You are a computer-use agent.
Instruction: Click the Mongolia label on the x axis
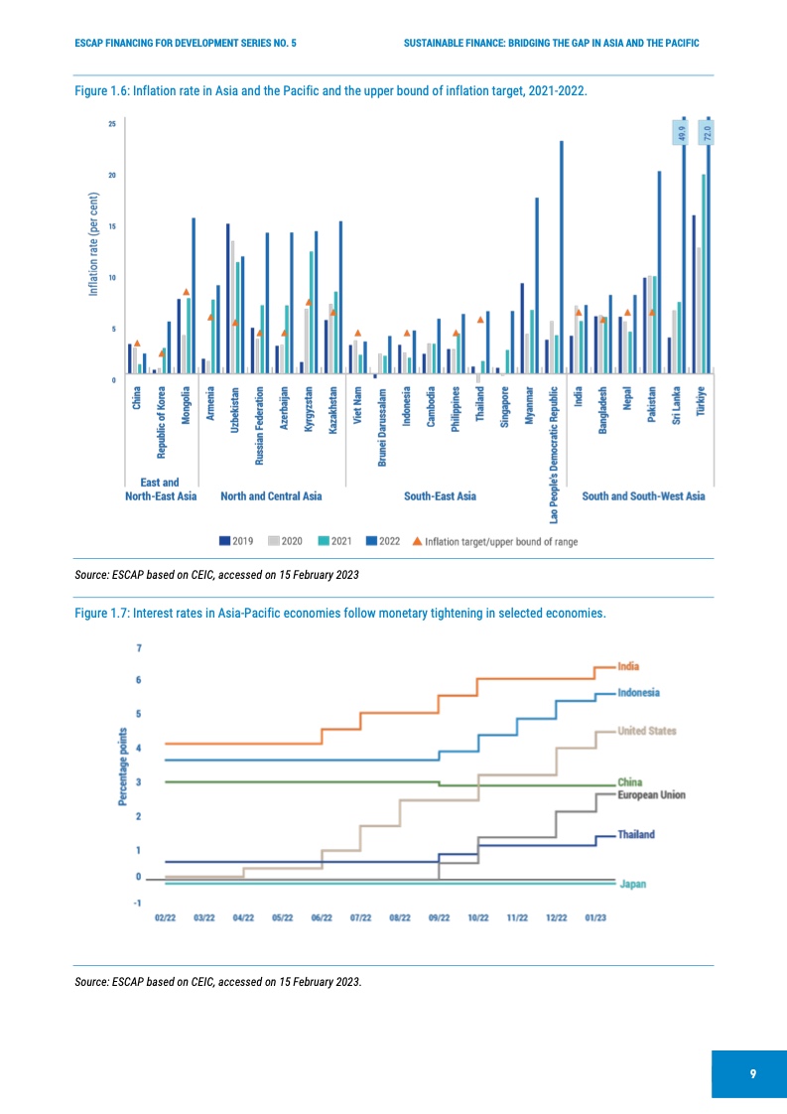186,406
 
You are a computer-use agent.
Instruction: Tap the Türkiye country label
702,406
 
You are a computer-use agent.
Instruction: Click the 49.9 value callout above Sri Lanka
681,132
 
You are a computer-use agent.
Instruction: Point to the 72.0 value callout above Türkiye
709,132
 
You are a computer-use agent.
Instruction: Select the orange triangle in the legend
417,541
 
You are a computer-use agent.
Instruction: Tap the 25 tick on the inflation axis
112,124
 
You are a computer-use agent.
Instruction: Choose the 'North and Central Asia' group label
271,495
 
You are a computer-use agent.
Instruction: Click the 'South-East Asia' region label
440,495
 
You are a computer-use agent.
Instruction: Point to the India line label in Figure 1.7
628,666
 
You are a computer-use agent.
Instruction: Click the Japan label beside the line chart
632,884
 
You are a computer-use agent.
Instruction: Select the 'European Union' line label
651,795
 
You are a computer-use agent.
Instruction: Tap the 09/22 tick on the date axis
439,918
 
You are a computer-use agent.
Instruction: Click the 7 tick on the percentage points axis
140,648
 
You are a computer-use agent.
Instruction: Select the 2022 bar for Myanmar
537,285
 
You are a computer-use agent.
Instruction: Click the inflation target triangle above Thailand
480,320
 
